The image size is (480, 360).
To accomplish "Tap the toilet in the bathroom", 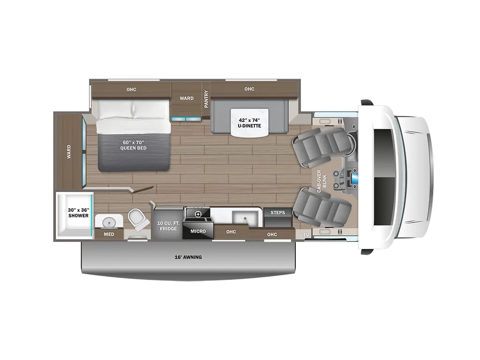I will (x=137, y=219).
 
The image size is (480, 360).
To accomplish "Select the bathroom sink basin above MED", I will (x=109, y=221).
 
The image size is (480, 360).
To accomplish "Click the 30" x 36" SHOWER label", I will (x=78, y=212).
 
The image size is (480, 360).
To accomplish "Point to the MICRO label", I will (x=198, y=231).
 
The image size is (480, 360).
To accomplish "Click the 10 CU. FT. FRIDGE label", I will (x=168, y=225).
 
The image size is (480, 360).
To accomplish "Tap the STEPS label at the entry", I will (x=278, y=213).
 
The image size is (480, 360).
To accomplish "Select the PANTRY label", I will (x=206, y=99).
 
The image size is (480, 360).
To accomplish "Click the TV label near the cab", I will (x=306, y=234).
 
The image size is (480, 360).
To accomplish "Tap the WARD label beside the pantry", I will (x=187, y=98).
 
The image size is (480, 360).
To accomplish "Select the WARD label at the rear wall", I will (x=68, y=151).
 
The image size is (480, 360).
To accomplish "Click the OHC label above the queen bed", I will (x=131, y=89).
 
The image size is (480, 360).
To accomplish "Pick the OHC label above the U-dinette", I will (x=249, y=89).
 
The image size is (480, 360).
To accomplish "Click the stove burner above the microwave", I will (x=197, y=214).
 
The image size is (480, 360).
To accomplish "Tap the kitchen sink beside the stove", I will (x=244, y=217).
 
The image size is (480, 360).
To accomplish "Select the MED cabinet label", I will (x=109, y=234).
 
